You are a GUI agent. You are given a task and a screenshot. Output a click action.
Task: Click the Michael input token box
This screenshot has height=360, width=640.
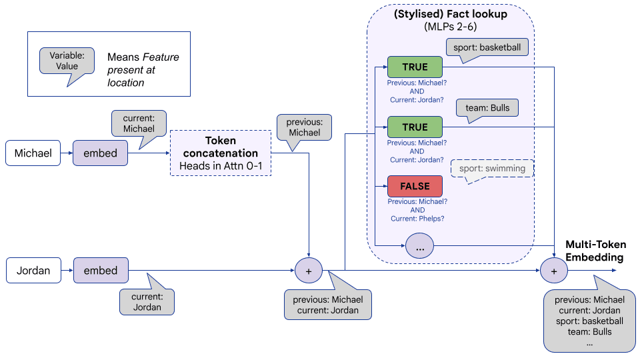(x=33, y=153)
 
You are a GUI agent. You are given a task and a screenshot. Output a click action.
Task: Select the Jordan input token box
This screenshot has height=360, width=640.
(x=33, y=271)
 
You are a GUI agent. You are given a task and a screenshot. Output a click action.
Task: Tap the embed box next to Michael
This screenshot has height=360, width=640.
(x=100, y=153)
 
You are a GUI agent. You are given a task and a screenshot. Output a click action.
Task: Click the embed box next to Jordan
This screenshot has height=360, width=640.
(x=100, y=271)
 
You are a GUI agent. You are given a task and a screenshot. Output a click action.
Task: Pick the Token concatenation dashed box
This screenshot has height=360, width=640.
(x=221, y=153)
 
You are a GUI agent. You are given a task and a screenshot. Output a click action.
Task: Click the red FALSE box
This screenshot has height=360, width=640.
(x=415, y=186)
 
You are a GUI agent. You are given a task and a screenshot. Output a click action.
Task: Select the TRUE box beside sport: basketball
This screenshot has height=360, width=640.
(x=415, y=67)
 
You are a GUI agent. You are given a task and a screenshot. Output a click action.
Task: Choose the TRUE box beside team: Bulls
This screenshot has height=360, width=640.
(x=415, y=127)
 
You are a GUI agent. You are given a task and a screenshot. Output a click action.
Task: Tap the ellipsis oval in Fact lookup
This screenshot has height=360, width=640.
(x=420, y=247)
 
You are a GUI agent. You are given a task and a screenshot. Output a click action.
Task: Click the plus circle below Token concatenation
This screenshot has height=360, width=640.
(x=308, y=271)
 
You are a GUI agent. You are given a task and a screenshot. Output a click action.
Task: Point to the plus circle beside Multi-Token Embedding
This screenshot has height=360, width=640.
(x=553, y=271)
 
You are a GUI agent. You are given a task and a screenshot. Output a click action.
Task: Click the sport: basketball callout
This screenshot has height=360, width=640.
(x=488, y=47)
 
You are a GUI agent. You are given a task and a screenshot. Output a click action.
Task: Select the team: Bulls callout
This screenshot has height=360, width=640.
(x=487, y=108)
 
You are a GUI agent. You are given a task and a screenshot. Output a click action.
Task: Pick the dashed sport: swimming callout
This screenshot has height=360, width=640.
(x=493, y=169)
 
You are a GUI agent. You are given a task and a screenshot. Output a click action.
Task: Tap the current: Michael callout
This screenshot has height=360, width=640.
(x=139, y=123)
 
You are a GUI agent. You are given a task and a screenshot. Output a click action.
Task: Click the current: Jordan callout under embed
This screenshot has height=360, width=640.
(x=147, y=302)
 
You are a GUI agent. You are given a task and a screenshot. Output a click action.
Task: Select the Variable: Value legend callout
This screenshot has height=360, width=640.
(x=67, y=61)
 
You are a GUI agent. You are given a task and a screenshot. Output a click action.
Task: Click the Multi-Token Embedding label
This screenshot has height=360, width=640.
(x=595, y=251)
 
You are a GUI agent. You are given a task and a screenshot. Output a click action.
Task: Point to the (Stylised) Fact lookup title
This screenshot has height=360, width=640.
(x=451, y=14)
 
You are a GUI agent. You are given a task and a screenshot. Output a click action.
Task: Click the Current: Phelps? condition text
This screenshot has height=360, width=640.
(x=417, y=219)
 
